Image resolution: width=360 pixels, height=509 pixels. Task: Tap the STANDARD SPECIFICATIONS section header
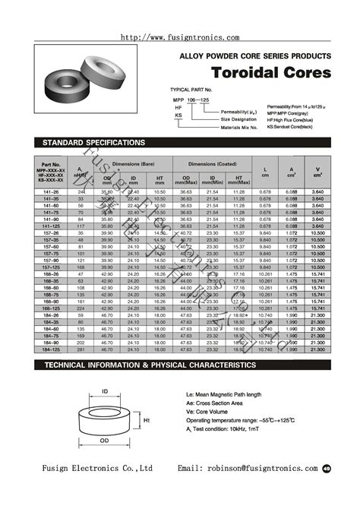[x=84, y=143]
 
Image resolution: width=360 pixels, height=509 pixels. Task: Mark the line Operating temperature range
[x=251, y=419]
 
